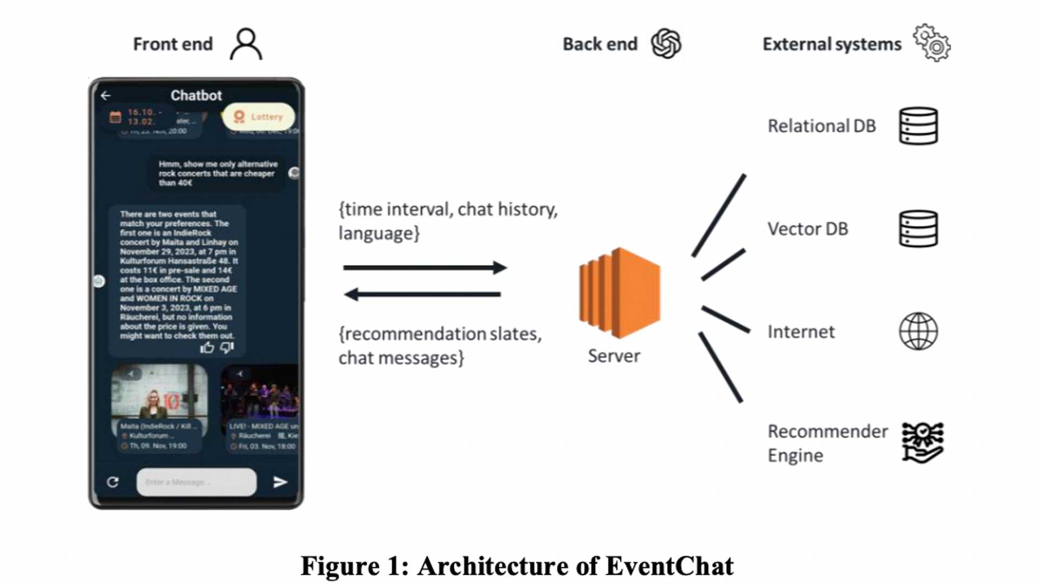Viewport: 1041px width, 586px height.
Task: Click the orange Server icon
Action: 620,293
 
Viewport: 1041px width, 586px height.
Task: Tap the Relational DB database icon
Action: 918,126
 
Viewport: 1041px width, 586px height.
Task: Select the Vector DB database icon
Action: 918,229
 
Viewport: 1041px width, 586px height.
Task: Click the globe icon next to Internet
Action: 918,332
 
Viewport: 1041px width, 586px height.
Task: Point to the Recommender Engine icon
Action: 922,443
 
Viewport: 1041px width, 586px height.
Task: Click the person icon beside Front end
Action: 246,44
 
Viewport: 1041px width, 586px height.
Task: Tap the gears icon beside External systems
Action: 931,43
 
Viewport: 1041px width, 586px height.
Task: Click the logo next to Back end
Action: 666,43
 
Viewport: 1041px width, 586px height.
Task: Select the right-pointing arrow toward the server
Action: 425,267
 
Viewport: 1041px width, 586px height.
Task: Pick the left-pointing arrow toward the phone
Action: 423,295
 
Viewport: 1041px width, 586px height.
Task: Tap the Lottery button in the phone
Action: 259,117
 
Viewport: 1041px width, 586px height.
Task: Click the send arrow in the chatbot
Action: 280,482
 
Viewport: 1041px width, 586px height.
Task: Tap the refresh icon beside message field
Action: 113,482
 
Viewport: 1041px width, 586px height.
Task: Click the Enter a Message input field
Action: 196,482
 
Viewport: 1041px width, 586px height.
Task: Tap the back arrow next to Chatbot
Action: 106,95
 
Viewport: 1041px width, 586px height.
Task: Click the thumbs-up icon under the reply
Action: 207,348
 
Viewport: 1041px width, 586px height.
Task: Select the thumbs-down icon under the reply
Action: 227,347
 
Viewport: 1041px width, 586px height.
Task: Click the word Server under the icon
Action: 614,356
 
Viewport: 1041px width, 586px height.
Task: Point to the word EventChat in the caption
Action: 669,566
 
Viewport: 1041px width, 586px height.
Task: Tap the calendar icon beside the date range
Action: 115,117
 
